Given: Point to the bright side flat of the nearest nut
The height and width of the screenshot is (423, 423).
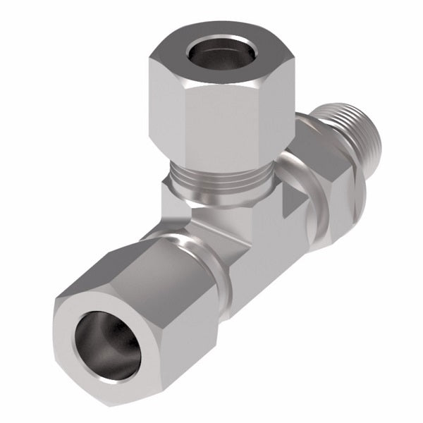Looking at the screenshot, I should pyautogui.click(x=190, y=331).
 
